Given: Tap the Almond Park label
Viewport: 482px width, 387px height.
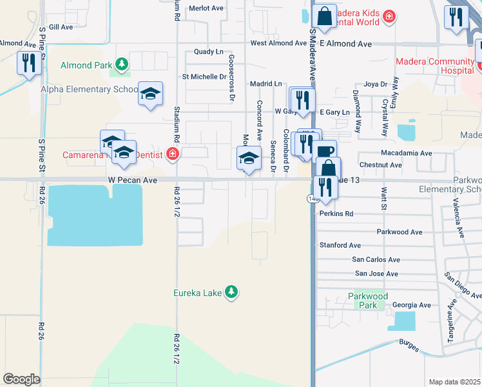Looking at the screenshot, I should pos(86,65).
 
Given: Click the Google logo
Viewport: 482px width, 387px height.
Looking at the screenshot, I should pos(21,379).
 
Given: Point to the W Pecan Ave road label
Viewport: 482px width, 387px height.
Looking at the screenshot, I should pos(133,181).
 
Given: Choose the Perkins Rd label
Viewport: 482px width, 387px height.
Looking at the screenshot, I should pos(337,213).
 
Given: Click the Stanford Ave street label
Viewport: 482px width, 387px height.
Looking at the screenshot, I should pos(340,245).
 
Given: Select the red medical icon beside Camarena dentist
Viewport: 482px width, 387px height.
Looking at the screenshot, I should pos(172,154).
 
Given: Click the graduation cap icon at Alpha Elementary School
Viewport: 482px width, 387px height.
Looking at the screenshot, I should pos(150,94).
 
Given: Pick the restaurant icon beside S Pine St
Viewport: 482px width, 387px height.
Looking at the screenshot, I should pos(28,63).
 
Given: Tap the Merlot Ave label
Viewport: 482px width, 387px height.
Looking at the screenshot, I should pos(205,9).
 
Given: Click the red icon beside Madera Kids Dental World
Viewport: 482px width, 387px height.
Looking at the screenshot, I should pos(389,15).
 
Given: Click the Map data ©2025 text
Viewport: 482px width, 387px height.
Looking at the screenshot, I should pos(455,382).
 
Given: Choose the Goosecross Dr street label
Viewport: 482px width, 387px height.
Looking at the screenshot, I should pos(231,77).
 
